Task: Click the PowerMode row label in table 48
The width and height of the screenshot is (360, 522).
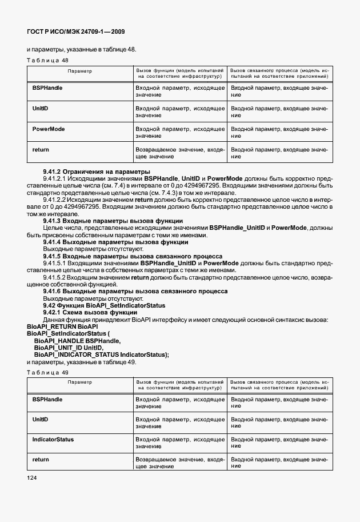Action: coord(49,129)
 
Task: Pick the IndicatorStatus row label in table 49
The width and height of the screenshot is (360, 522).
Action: coord(53,440)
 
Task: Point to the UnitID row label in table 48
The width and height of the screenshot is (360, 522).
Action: coord(40,109)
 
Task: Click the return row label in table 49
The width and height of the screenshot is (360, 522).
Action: coord(41,460)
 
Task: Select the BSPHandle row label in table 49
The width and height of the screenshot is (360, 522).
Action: coord(47,399)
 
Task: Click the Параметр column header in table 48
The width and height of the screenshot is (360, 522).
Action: coord(79,71)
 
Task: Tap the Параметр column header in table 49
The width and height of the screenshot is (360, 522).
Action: coord(79,382)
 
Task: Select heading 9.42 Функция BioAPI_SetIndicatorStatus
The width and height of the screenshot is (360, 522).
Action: coord(104,306)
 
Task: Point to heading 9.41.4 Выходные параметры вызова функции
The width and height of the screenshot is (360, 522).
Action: coord(101,242)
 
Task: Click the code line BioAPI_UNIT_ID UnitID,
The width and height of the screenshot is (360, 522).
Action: coord(69,347)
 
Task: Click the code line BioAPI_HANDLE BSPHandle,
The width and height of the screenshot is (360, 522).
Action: coord(77,340)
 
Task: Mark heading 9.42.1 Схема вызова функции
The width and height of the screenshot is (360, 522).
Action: coord(90,313)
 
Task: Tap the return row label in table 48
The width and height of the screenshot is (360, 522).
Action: coord(41,150)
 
